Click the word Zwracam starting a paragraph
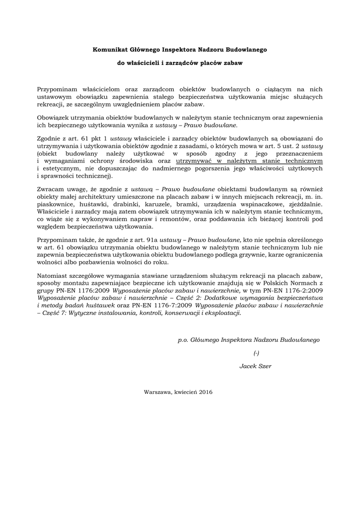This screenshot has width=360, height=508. click(51, 190)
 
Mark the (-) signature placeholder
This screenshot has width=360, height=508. click(256, 353)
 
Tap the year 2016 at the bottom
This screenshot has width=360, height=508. click(206, 392)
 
